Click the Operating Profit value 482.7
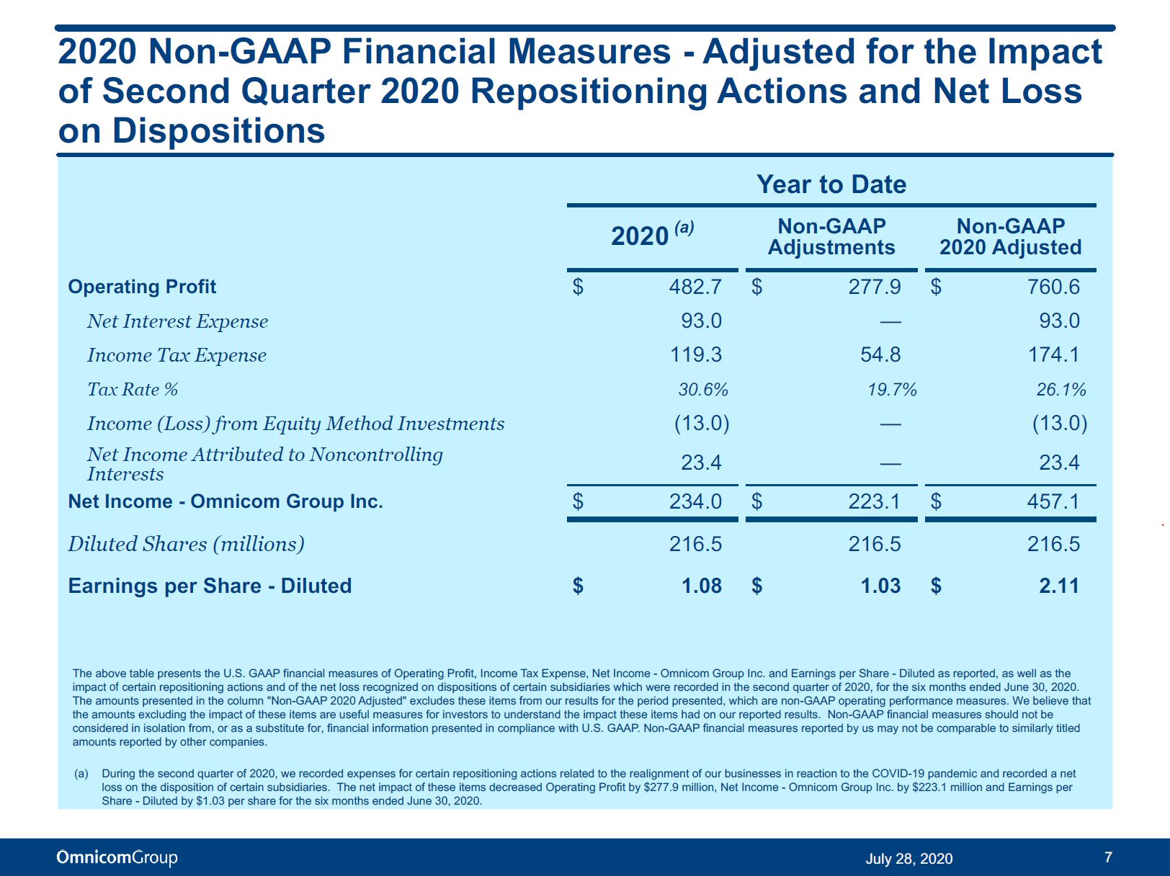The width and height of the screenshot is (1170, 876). coord(696,287)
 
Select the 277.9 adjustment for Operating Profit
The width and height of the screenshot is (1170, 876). coord(875,287)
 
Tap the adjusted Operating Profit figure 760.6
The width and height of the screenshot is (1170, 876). coord(1053,287)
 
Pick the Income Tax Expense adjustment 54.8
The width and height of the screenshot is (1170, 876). coord(880,355)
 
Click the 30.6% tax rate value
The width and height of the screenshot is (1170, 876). coord(703,390)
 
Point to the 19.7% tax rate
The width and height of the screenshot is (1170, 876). coord(893,390)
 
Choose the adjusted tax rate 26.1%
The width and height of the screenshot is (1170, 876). coord(1061,390)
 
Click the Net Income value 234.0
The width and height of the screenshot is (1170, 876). coord(696,501)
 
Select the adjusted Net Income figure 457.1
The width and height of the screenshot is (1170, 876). coord(1053,501)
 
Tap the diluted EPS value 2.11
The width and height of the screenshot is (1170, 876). coord(1059,586)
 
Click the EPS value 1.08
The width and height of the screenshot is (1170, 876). coord(702,586)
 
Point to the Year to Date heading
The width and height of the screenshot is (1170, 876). coord(831,184)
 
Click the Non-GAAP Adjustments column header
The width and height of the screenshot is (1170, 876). coord(831,236)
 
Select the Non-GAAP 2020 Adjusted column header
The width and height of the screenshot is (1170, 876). coord(1011,236)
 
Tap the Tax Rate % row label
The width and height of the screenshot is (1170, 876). coord(132,390)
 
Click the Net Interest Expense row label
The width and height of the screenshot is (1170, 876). coord(177,321)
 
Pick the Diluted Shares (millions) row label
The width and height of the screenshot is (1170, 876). coord(186,544)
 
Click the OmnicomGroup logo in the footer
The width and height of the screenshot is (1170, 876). coord(117,857)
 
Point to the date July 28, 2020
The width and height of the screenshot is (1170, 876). coord(908,859)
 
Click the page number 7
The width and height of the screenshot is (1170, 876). coord(1108,857)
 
